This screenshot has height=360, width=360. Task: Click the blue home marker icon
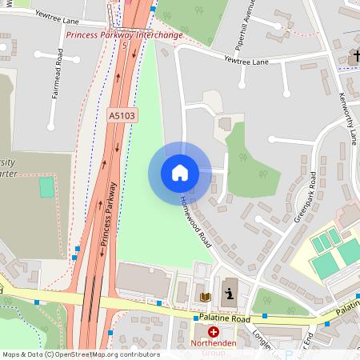point(180,173)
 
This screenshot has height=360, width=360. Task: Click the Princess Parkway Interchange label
point(124,35)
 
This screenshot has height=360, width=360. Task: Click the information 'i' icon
point(230,295)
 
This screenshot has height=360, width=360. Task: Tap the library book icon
point(205,297)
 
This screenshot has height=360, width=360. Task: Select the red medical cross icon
point(214,332)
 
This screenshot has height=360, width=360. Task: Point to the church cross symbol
point(354,57)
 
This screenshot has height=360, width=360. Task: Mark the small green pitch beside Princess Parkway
point(47,188)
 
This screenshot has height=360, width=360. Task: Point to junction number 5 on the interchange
point(126,45)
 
